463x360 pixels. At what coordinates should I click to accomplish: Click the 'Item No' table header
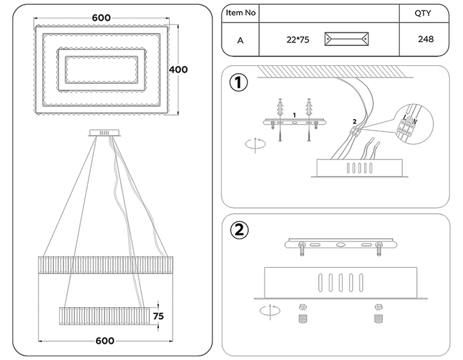[240, 13]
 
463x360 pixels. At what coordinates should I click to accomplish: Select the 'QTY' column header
[423, 13]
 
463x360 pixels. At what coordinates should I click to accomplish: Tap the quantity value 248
[425, 39]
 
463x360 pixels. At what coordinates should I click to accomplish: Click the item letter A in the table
[240, 40]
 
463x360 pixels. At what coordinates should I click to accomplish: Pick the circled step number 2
[238, 230]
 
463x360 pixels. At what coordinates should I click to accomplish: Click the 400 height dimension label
[179, 70]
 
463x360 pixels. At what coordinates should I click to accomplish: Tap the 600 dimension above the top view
[101, 18]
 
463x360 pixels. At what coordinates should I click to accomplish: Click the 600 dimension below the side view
[105, 341]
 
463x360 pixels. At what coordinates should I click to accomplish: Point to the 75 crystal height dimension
[158, 316]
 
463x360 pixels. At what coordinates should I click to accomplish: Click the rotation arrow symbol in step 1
[253, 144]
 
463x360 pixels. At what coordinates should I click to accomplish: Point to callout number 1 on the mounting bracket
[294, 115]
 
